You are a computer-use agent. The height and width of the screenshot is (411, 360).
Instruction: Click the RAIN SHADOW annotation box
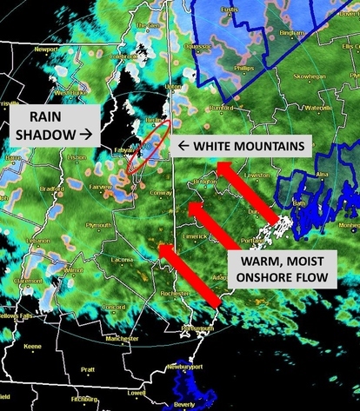click(x=53, y=124)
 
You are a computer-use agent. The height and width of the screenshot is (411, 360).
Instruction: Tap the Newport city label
click(x=45, y=50)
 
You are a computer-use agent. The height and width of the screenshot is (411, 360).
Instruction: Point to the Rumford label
click(x=223, y=108)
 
